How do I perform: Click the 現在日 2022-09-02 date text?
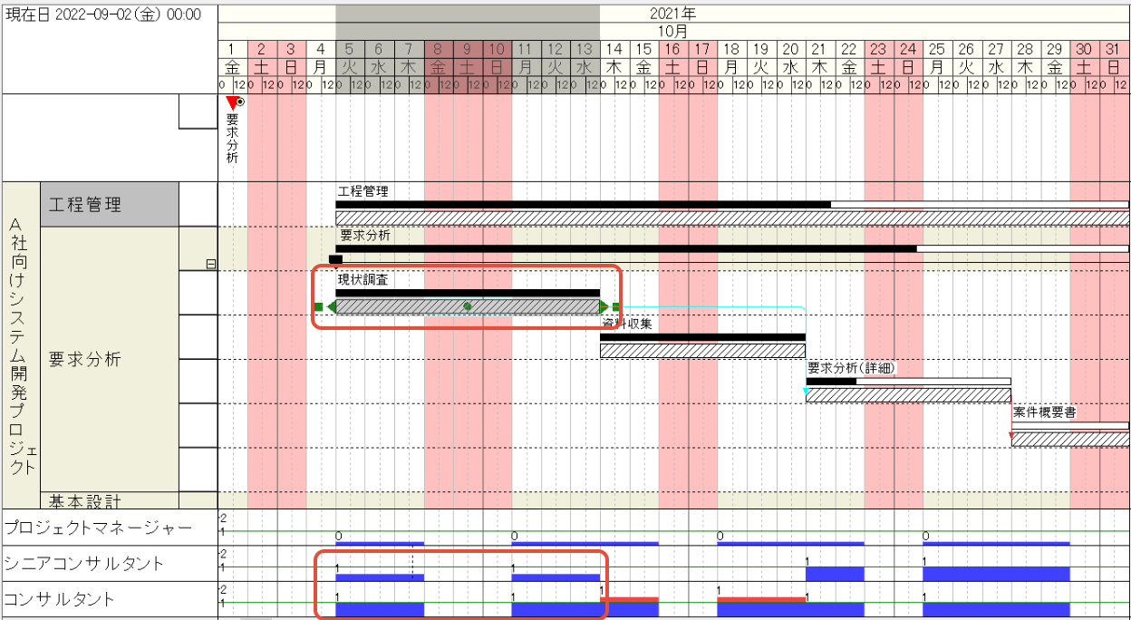pyautogui.click(x=103, y=15)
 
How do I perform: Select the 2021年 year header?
pyautogui.click(x=673, y=14)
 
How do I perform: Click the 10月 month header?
pyautogui.click(x=673, y=30)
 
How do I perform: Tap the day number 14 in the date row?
pyautogui.click(x=614, y=49)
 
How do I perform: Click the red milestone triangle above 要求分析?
pyautogui.click(x=233, y=103)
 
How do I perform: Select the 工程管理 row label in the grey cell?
pyautogui.click(x=84, y=205)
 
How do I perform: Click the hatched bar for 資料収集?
pyautogui.click(x=702, y=351)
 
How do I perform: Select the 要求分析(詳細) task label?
pyautogui.click(x=851, y=368)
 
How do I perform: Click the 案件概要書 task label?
pyautogui.click(x=1044, y=412)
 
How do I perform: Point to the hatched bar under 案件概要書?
pyautogui.click(x=1069, y=440)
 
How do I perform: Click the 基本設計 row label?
pyautogui.click(x=85, y=500)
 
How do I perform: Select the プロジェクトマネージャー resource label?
pyautogui.click(x=98, y=528)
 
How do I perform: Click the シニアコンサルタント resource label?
pyautogui.click(x=84, y=564)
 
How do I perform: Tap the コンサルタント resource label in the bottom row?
pyautogui.click(x=60, y=599)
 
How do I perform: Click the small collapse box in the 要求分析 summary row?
pyautogui.click(x=211, y=265)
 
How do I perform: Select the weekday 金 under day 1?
pyautogui.click(x=233, y=67)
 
